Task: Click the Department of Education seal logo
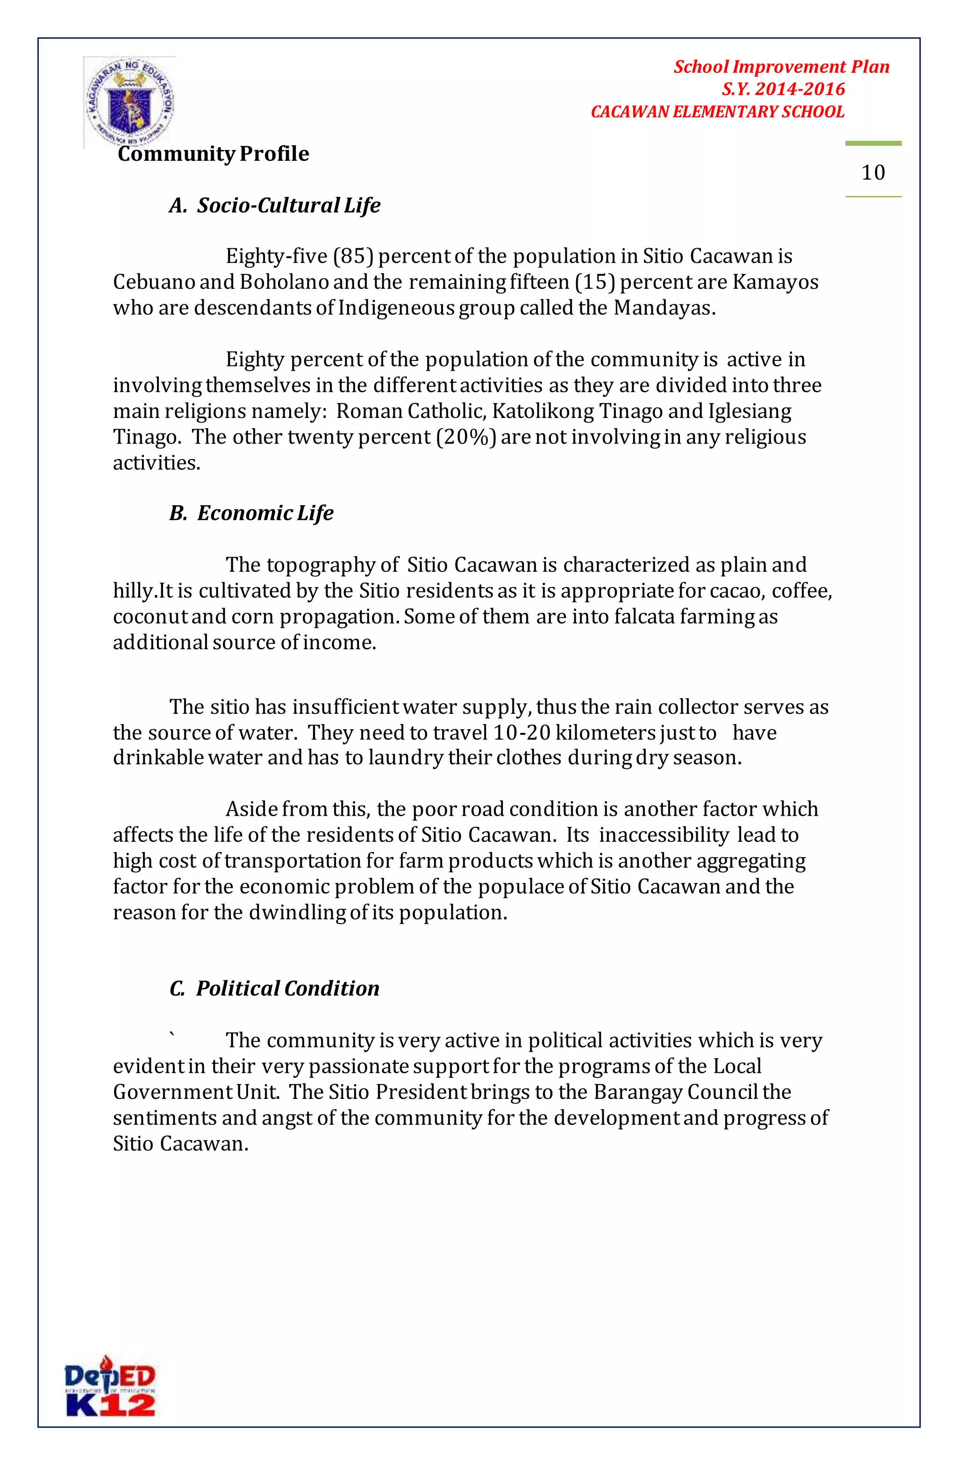[x=130, y=101]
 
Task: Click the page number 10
[x=873, y=173]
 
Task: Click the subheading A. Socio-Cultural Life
[x=274, y=206]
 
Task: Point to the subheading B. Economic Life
[x=251, y=513]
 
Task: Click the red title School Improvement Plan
[x=781, y=67]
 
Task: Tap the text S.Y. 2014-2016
[x=783, y=89]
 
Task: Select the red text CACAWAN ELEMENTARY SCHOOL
[x=717, y=112]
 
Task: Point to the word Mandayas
[x=664, y=308]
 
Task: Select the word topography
[x=321, y=565]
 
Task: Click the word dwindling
[x=297, y=913]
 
